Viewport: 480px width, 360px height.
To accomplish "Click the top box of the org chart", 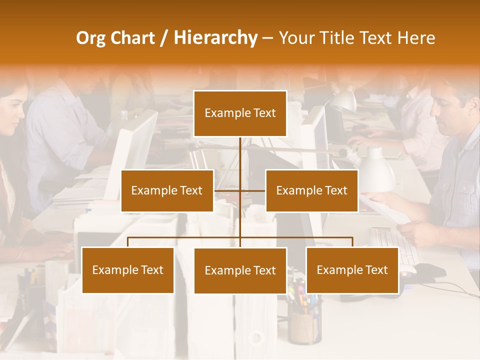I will (x=240, y=113).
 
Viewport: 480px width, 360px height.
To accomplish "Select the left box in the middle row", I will (x=167, y=190).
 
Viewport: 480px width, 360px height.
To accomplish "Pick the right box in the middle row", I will (x=311, y=190).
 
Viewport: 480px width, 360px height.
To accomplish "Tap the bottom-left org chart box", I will (x=127, y=270).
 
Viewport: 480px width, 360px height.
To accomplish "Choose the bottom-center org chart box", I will (x=240, y=270).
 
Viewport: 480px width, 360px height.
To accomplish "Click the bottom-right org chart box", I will (x=352, y=270).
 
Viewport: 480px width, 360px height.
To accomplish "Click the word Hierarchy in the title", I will (x=215, y=38).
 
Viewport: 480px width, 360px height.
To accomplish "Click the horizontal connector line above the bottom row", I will (x=240, y=237).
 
